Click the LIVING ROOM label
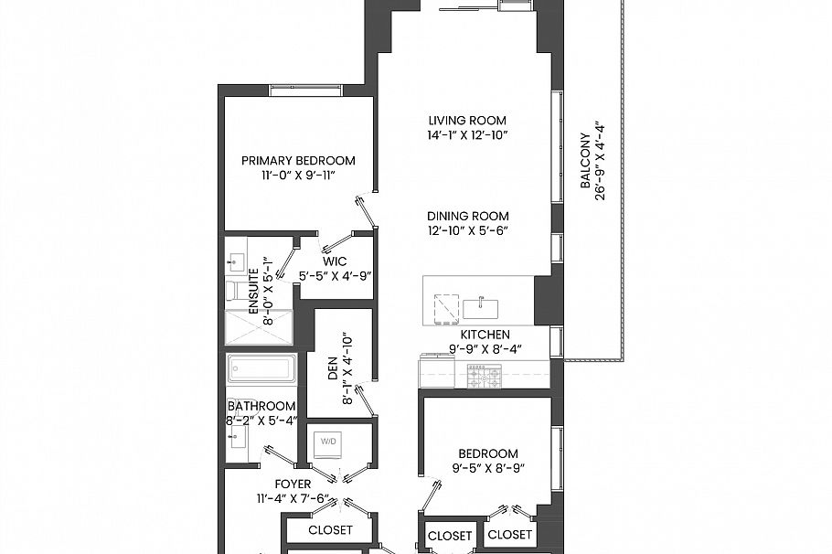pyautogui.click(x=467, y=120)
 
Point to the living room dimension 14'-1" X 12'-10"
pyautogui.click(x=467, y=135)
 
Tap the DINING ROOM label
pyautogui.click(x=467, y=216)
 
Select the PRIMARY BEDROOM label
pyautogui.click(x=298, y=160)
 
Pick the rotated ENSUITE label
pyautogui.click(x=254, y=290)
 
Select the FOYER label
pyautogui.click(x=293, y=484)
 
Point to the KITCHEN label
pyautogui.click(x=485, y=335)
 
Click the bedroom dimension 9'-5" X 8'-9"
pyautogui.click(x=488, y=469)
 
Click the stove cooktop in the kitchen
pyautogui.click(x=485, y=375)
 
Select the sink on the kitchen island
pyautogui.click(x=476, y=307)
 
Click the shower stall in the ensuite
pyautogui.click(x=260, y=327)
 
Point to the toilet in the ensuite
pyautogui.click(x=234, y=291)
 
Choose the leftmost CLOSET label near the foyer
pyautogui.click(x=330, y=529)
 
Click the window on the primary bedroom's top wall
pyautogui.click(x=305, y=90)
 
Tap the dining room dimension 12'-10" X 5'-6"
pyautogui.click(x=467, y=231)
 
